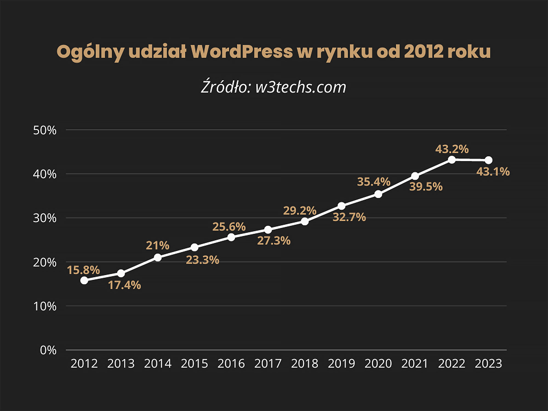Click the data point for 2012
click(x=84, y=280)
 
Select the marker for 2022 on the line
click(x=452, y=159)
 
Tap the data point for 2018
click(x=305, y=221)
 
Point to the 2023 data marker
click(x=489, y=160)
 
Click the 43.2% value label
click(x=452, y=149)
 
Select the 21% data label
click(x=158, y=245)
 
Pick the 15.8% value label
click(x=84, y=270)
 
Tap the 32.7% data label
click(x=349, y=217)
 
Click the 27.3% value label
click(x=274, y=241)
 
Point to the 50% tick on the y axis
click(x=45, y=130)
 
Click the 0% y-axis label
click(x=48, y=350)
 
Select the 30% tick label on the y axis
click(x=45, y=218)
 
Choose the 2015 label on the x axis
click(x=195, y=364)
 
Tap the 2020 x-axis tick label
click(x=378, y=364)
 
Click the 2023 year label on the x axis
click(x=489, y=364)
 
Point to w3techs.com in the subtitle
click(x=301, y=87)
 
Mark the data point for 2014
click(x=158, y=257)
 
